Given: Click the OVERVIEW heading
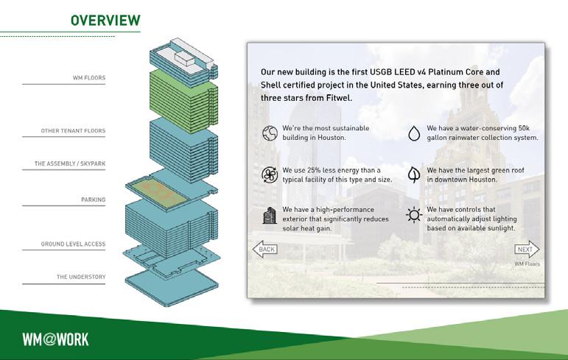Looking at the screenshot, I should pyautogui.click(x=105, y=19).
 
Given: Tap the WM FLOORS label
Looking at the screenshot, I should pyautogui.click(x=88, y=77).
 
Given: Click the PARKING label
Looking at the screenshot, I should pyautogui.click(x=93, y=200).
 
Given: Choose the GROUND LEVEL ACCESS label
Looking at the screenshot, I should pyautogui.click(x=73, y=244).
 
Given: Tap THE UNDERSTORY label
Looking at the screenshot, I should pyautogui.click(x=81, y=277).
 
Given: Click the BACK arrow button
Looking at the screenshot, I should pyautogui.click(x=265, y=250).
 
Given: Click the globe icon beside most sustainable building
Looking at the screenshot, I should pyautogui.click(x=268, y=133).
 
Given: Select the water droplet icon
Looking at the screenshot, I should pyautogui.click(x=414, y=133).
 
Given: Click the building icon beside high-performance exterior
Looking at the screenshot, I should pyautogui.click(x=268, y=215).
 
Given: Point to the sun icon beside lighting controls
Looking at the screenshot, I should pyautogui.click(x=414, y=215).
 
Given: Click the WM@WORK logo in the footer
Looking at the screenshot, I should pyautogui.click(x=55, y=339).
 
